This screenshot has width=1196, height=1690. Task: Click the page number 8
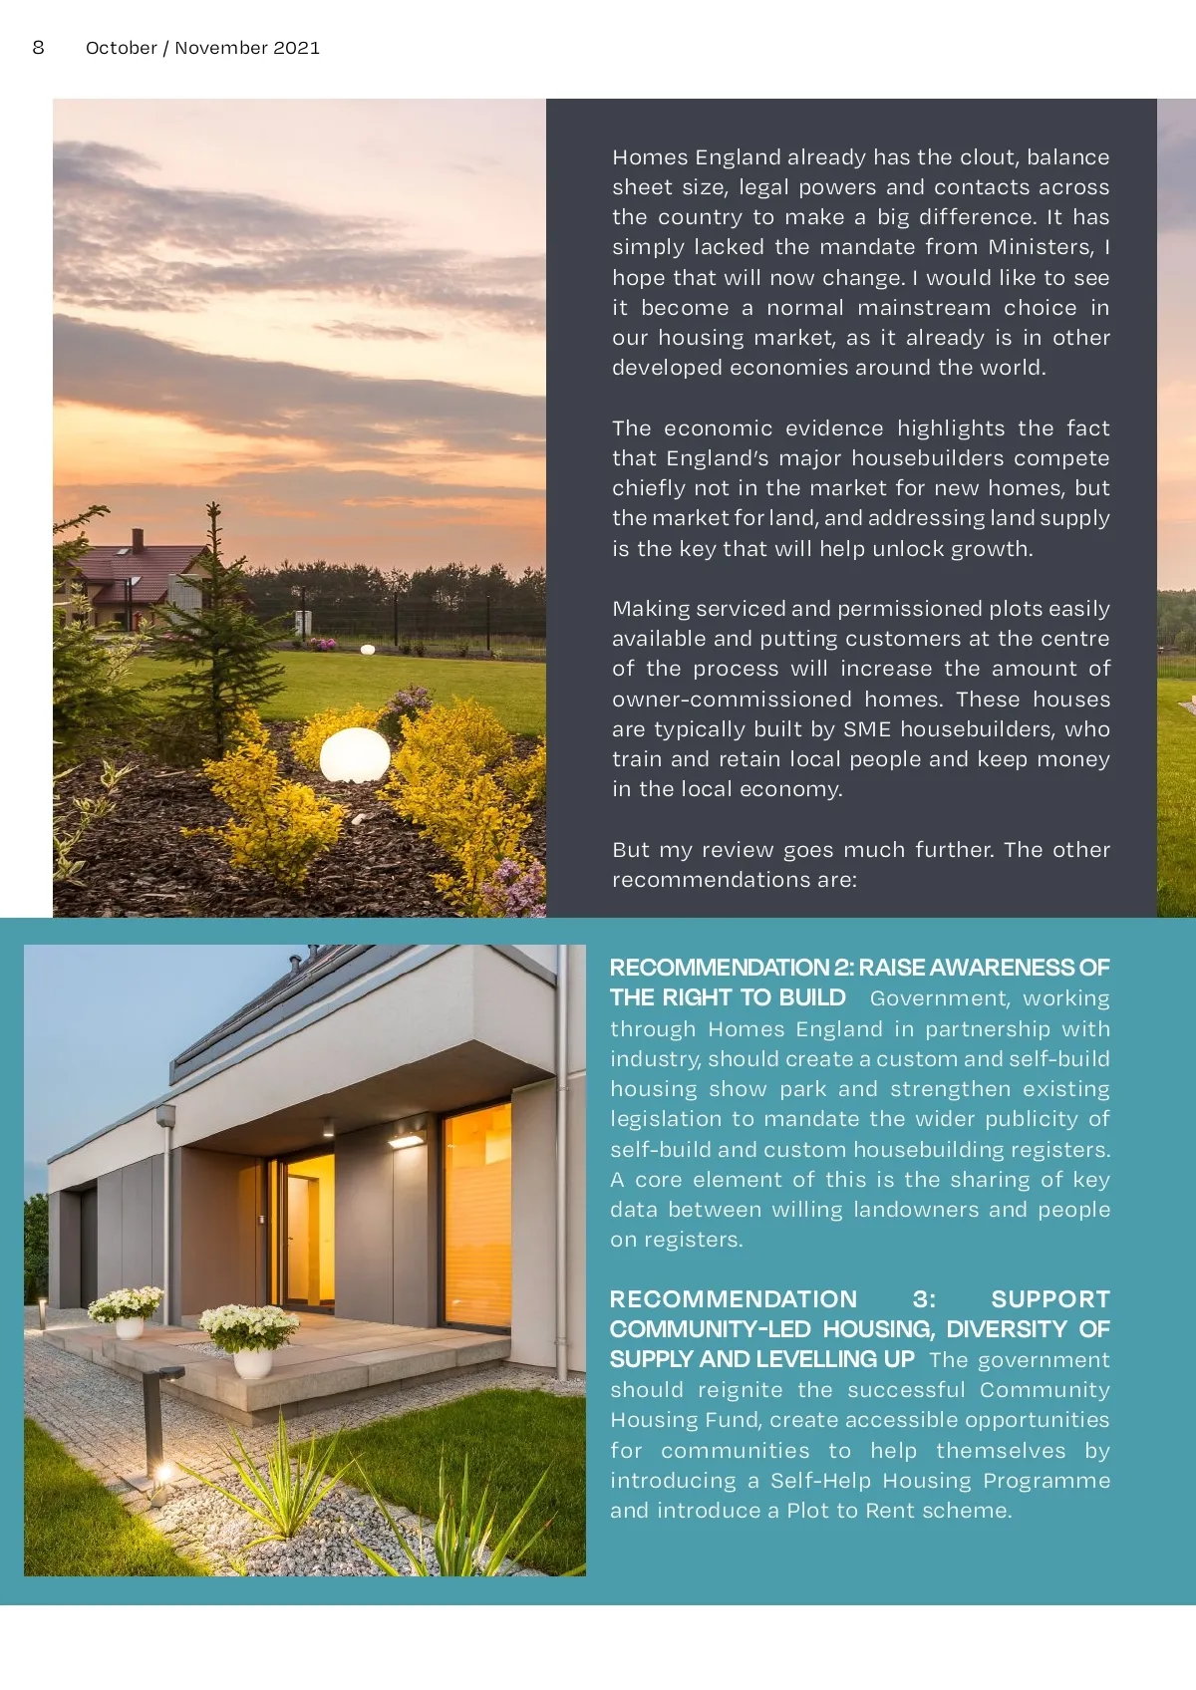[x=38, y=47]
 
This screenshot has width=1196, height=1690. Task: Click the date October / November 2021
[x=202, y=47]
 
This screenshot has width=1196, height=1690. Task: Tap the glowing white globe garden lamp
[x=355, y=754]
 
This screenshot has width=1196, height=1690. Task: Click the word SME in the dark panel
[x=867, y=729]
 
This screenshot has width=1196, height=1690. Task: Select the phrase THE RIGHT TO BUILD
[x=728, y=997]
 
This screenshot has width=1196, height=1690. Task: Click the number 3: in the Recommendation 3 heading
[x=924, y=1299]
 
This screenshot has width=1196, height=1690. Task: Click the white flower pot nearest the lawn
[x=252, y=1361]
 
